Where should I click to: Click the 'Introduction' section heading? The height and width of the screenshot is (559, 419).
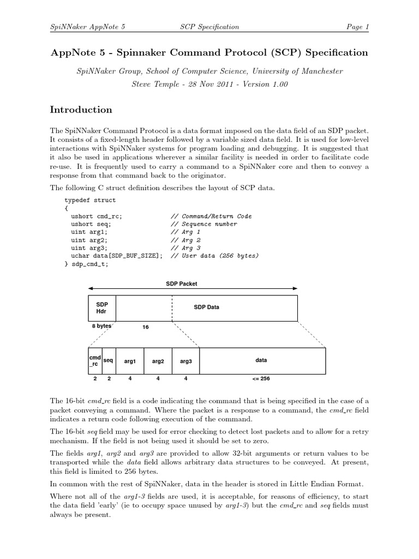tap(81, 110)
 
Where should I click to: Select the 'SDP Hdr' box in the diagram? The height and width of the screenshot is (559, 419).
tap(102, 308)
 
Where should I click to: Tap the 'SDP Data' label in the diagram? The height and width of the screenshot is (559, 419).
tap(206, 307)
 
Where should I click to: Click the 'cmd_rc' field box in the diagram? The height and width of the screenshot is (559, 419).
tap(95, 361)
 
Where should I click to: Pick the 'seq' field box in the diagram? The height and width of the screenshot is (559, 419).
tap(109, 361)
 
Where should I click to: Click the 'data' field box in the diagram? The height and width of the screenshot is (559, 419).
tap(262, 361)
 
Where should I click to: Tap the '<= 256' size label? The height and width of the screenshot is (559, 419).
tap(261, 378)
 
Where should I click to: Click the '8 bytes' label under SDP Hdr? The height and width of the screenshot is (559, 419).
tap(101, 326)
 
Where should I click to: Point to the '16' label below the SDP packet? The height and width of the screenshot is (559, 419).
tap(145, 327)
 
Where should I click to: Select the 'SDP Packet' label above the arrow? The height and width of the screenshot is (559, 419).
tap(182, 284)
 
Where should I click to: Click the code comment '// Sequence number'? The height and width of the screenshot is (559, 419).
tap(203, 224)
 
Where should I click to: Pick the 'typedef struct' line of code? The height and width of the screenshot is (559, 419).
tap(90, 200)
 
